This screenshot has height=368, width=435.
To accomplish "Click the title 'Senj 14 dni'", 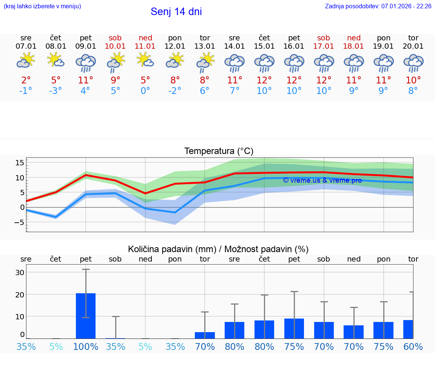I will coord(176,12).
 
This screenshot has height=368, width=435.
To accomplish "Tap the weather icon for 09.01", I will coord(86,63).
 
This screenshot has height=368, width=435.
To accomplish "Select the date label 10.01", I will coord(116,46).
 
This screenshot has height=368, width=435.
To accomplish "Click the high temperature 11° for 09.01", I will coord(86,80).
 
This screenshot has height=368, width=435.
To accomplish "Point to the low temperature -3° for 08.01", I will coord(56,91).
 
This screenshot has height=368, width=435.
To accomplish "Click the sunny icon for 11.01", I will coord(145,60).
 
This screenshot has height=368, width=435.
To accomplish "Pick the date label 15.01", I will coord(264,46).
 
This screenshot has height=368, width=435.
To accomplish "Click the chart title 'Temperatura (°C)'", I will coord(219,151).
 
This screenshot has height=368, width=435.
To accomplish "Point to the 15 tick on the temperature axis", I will coord(20,163).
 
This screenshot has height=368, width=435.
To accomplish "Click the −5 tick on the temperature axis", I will coord(19,222).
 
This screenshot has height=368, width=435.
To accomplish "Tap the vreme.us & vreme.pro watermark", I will coord(322,180).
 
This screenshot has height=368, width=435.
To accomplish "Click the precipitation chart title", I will coord(218,249).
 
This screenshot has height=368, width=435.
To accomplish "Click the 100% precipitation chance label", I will coord(86,346).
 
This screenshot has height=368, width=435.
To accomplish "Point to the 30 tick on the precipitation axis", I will coord(20,273).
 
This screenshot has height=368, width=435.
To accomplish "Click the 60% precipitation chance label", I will coord(413,346).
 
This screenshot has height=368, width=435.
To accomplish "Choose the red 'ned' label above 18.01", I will coord(354,38).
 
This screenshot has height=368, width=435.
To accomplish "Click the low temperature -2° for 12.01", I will coord(175,91).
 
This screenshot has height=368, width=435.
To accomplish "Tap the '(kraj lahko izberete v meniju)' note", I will coord(42,6).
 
